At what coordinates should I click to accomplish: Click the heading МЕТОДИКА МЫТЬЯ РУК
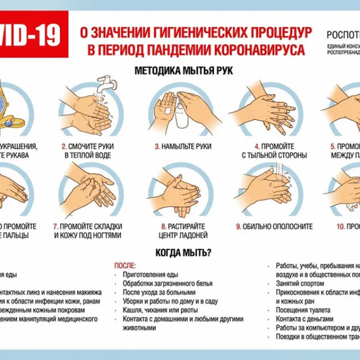[183, 71]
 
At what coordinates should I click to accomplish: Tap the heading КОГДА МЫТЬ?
[183, 253]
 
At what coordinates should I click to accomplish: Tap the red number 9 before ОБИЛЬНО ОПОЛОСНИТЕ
[238, 227]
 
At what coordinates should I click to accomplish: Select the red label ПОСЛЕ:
[125, 266]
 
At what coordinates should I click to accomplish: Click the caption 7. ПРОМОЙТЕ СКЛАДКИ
[88, 227]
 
